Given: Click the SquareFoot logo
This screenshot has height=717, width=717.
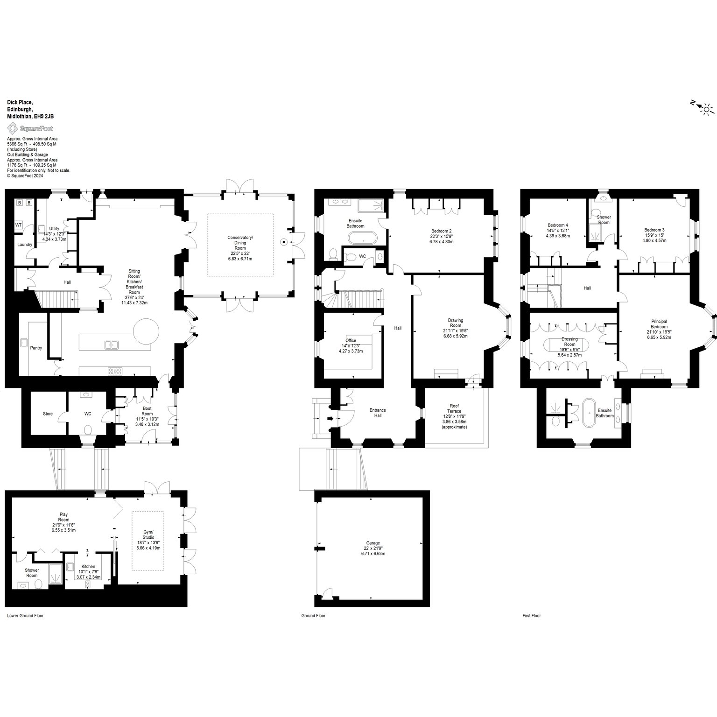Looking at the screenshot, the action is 30,128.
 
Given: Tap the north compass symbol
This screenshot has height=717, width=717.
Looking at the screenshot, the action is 702,108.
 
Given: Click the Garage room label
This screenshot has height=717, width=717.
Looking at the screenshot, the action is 373,548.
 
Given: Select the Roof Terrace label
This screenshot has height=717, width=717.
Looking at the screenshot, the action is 454,419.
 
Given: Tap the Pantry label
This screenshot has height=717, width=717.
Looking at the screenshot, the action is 36,348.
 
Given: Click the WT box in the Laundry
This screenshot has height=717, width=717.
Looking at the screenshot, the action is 19,225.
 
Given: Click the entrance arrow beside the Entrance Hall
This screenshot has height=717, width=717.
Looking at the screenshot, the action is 331,419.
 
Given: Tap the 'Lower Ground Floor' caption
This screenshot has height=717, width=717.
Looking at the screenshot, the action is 25,616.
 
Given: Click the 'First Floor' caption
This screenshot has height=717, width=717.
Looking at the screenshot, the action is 532,616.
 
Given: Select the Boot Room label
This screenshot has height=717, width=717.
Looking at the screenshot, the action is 147,416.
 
